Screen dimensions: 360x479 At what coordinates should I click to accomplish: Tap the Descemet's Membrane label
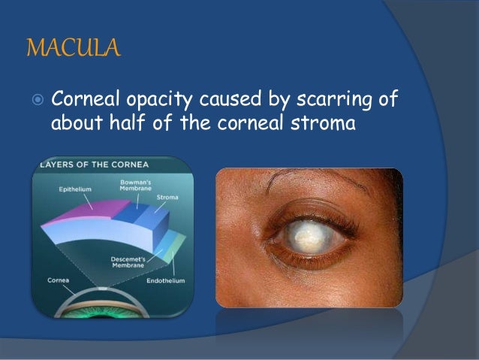click(125, 259)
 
